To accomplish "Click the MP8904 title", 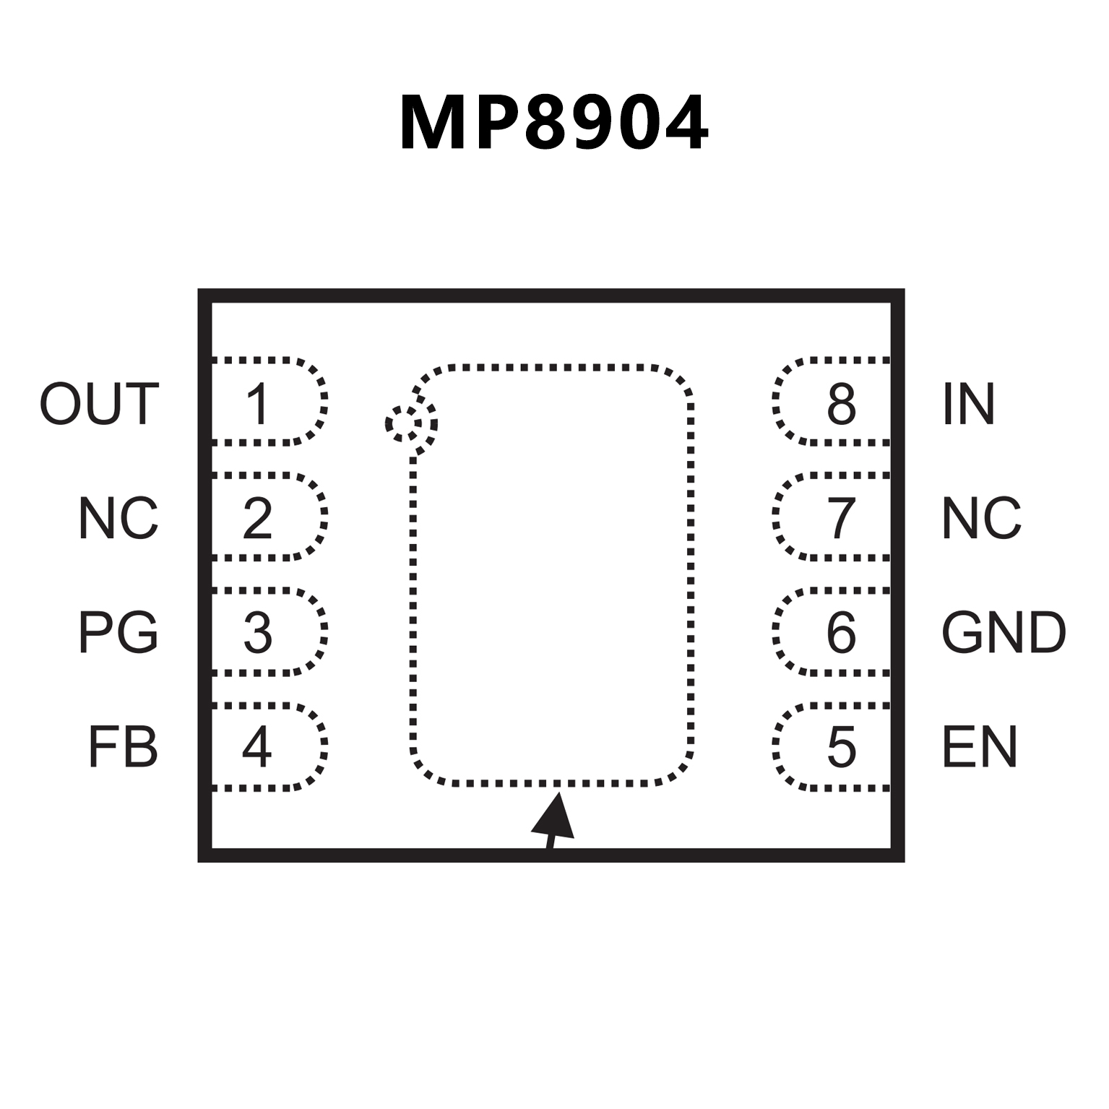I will coord(554,124).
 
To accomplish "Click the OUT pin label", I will coord(99,404).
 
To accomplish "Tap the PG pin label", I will coord(118,632).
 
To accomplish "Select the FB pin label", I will coord(123,747).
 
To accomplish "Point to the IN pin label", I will coord(969,404).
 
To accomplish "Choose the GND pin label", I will coord(1004,632).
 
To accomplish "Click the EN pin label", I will coord(980,747).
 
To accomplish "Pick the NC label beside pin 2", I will coord(118,518).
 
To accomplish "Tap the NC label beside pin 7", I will coord(981,518).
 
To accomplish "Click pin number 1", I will coord(258,404).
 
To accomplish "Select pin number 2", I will coord(258,518).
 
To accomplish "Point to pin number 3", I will coord(258,632).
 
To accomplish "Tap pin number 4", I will coord(257,747).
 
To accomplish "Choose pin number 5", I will coord(842,747).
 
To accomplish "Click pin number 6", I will coord(842,632).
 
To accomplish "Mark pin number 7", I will coord(842,518).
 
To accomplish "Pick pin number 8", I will coord(842,404).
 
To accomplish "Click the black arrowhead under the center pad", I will coord(554,816).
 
